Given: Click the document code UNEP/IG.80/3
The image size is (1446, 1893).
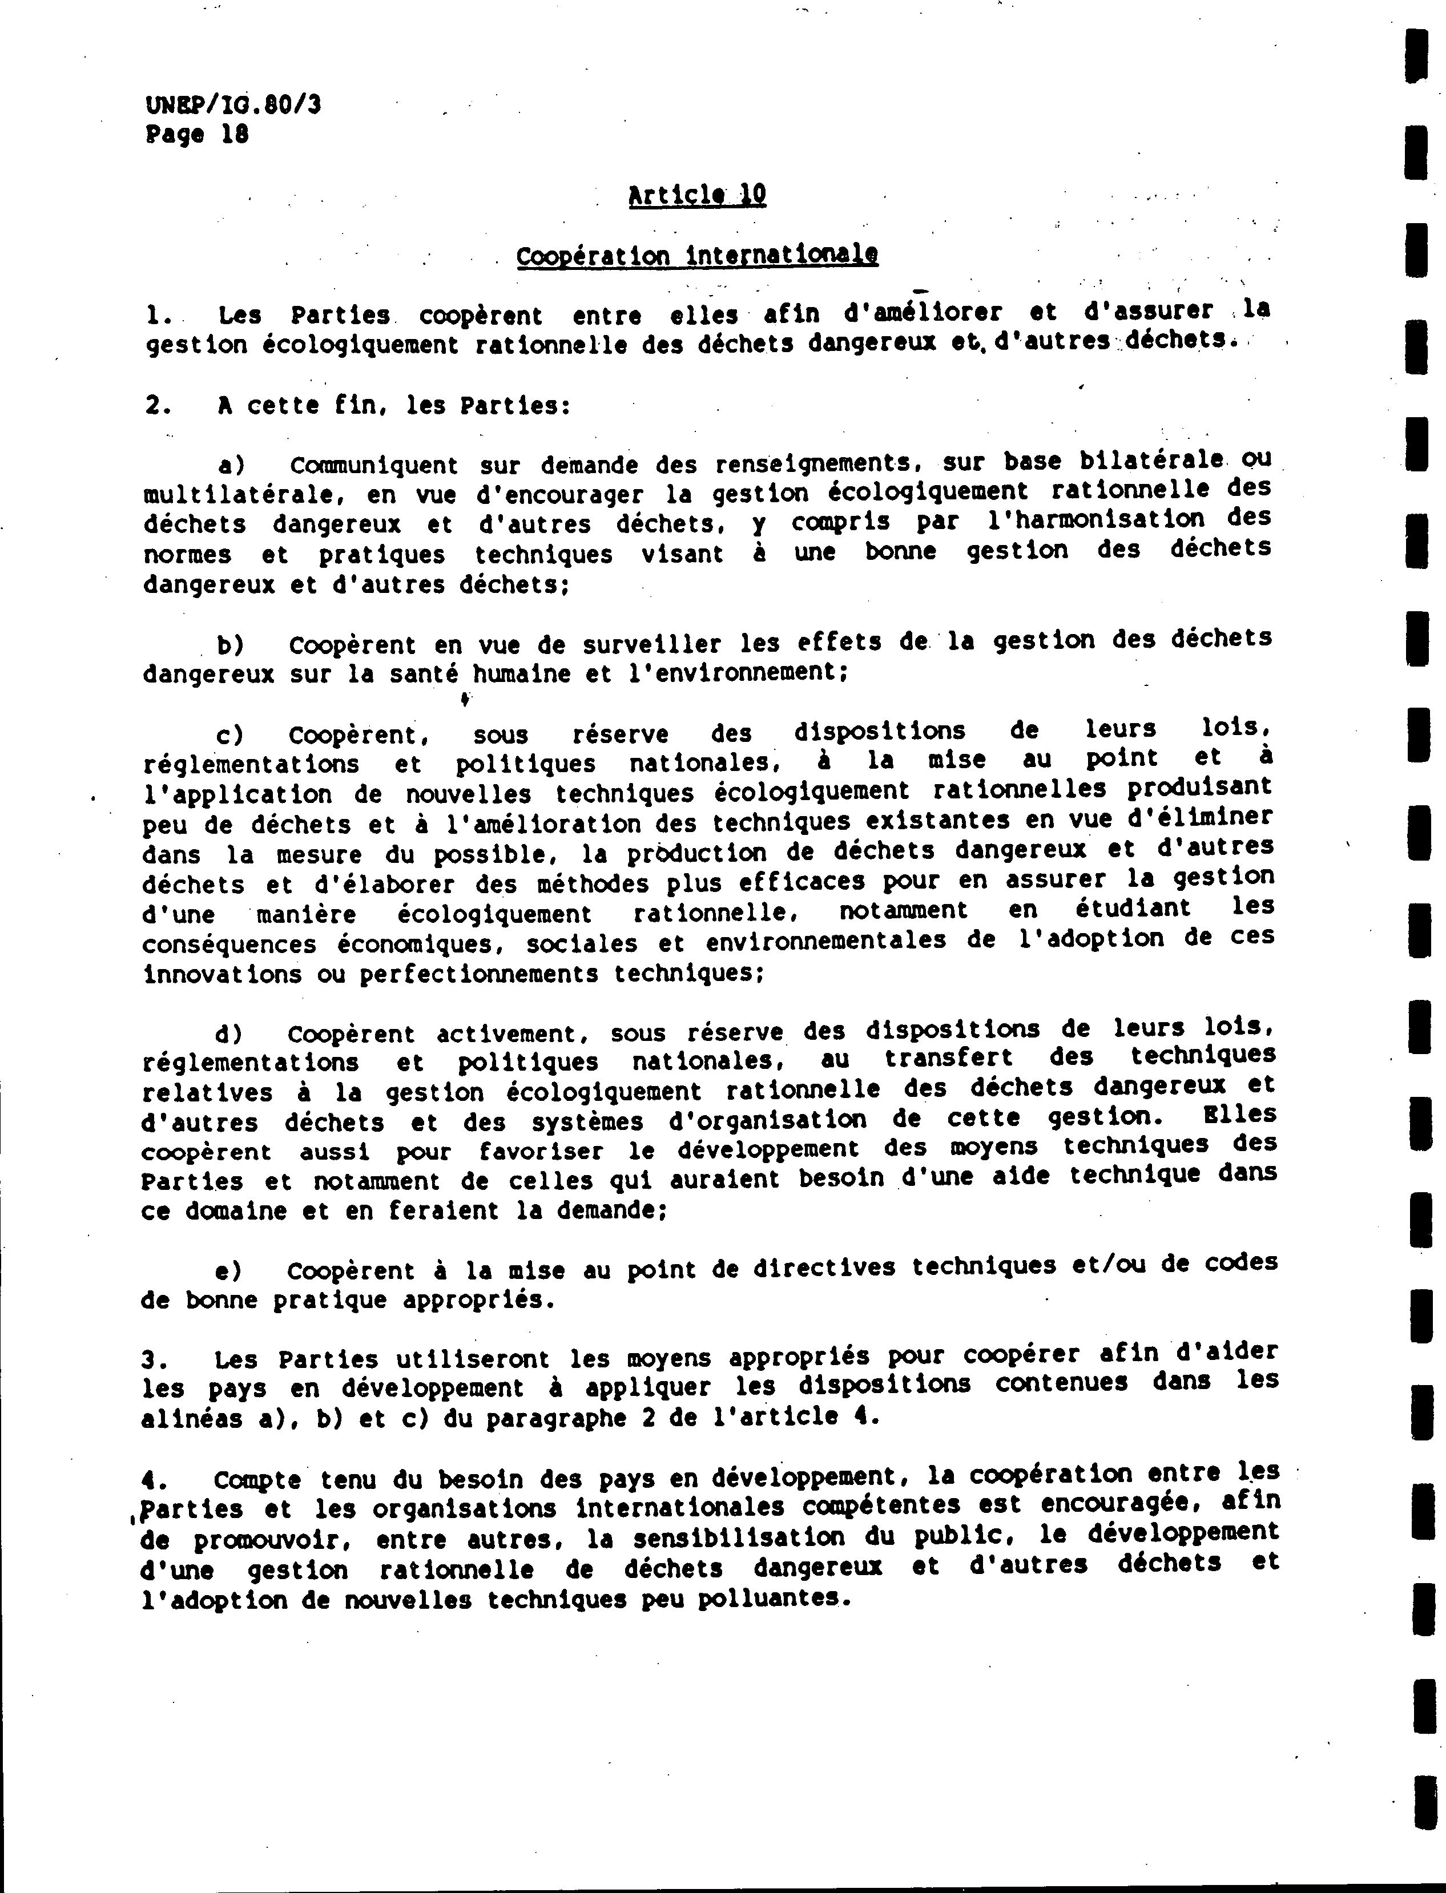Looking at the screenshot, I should click(x=233, y=105).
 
